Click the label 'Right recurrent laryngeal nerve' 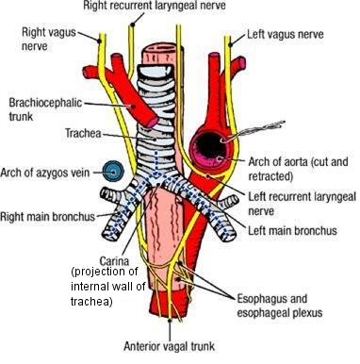click(155, 6)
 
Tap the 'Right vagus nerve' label click(49, 39)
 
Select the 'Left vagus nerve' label click(286, 34)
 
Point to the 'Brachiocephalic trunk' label click(45, 109)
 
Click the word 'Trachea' click(83, 133)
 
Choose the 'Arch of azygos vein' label click(45, 173)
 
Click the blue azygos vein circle click(113, 171)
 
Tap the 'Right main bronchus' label click(47, 217)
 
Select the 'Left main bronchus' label click(292, 231)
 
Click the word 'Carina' click(114, 260)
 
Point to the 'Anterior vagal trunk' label click(170, 346)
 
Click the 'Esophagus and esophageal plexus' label click(280, 306)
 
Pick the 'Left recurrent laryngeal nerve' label click(303, 204)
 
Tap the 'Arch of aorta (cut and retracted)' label click(299, 169)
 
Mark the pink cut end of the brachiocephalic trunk click(152, 122)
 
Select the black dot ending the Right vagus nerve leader click(100, 41)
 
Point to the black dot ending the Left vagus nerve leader click(230, 45)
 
